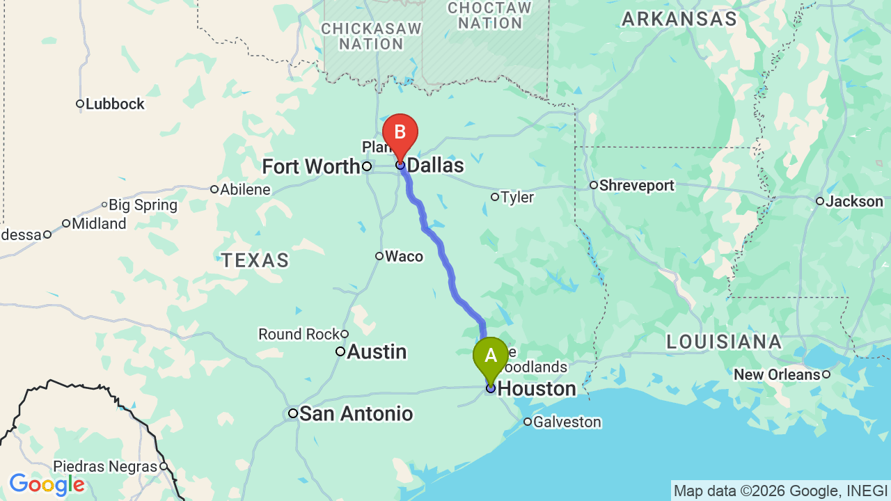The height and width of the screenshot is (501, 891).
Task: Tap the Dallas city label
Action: [435, 166]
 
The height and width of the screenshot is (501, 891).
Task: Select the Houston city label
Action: [537, 388]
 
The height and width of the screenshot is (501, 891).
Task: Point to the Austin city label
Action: [377, 351]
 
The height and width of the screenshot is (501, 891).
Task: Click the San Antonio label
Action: [356, 414]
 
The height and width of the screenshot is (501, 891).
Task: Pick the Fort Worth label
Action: [310, 167]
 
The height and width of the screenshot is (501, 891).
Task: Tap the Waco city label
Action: [404, 257]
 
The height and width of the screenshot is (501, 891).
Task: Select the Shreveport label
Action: [636, 186]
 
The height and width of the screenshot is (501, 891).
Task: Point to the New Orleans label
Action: [777, 375]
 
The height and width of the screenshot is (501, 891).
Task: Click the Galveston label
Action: [567, 422]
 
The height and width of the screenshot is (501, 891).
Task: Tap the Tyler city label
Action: [517, 198]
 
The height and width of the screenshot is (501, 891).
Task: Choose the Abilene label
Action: [245, 190]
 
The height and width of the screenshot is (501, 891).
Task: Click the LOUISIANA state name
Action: [724, 342]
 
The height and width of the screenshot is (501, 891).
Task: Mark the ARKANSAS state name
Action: [679, 19]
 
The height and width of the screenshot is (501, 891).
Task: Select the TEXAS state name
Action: [255, 261]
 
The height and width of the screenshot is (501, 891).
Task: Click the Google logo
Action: [47, 484]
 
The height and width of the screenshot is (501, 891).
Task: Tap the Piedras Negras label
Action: [105, 467]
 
